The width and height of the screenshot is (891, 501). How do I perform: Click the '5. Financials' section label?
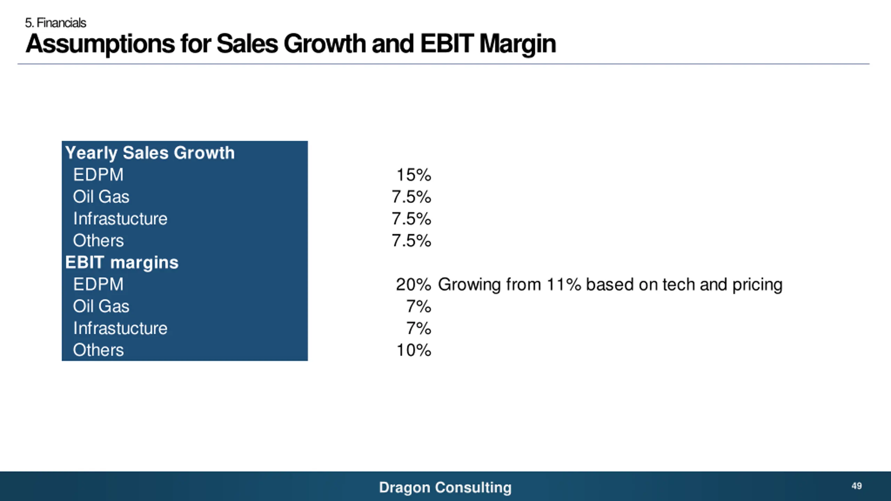pyautogui.click(x=55, y=23)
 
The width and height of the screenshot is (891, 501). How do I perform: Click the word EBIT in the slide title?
pyautogui.click(x=447, y=44)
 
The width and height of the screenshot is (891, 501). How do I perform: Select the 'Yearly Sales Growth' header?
pyautogui.click(x=150, y=153)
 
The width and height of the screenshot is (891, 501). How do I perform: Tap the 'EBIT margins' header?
pyautogui.click(x=122, y=263)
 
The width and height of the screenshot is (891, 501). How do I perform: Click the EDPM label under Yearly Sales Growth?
pyautogui.click(x=98, y=175)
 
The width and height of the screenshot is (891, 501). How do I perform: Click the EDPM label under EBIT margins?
pyautogui.click(x=98, y=285)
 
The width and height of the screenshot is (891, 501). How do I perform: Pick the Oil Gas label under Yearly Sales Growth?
pyautogui.click(x=101, y=197)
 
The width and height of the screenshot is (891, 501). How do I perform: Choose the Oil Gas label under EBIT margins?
pyautogui.click(x=101, y=307)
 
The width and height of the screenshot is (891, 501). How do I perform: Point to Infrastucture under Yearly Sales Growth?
pyautogui.click(x=120, y=219)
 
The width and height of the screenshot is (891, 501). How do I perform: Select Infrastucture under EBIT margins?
pyautogui.click(x=120, y=328)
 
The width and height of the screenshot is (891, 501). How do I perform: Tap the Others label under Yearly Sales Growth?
pyautogui.click(x=98, y=241)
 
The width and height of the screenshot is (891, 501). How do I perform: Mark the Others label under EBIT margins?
pyautogui.click(x=98, y=350)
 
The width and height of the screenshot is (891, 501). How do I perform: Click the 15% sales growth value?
pyautogui.click(x=413, y=175)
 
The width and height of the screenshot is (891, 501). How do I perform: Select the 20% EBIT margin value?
pyautogui.click(x=413, y=285)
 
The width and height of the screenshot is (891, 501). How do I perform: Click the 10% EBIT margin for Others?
pyautogui.click(x=413, y=350)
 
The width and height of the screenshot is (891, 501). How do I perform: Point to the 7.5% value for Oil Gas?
pyautogui.click(x=411, y=197)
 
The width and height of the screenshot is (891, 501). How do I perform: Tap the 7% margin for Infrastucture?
pyautogui.click(x=419, y=328)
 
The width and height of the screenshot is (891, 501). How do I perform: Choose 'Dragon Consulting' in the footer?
pyautogui.click(x=445, y=487)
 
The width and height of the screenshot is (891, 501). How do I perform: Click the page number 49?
pyautogui.click(x=857, y=486)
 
